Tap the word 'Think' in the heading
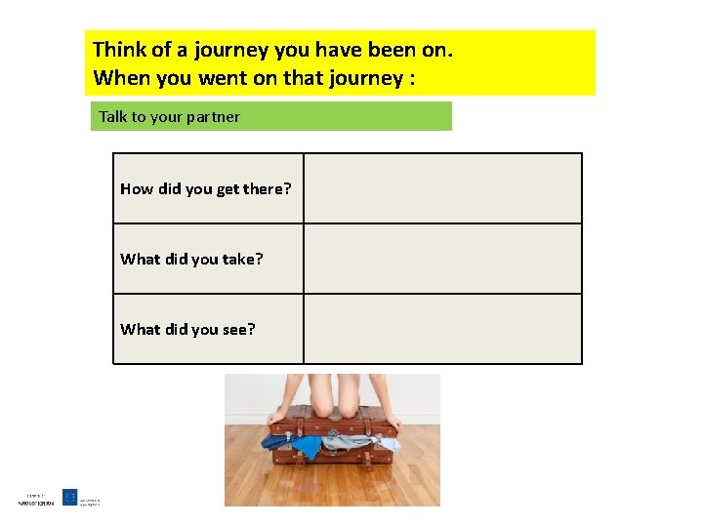pos(120,49)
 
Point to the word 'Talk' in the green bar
pos(113,117)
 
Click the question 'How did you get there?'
pos(205,189)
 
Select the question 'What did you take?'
pos(191,260)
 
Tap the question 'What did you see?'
pos(187,330)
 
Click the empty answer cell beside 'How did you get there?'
pos(442,188)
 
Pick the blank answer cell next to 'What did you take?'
pos(442,259)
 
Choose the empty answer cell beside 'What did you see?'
pos(442,329)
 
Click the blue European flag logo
pos(70,497)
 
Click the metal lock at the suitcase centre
pos(333,427)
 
